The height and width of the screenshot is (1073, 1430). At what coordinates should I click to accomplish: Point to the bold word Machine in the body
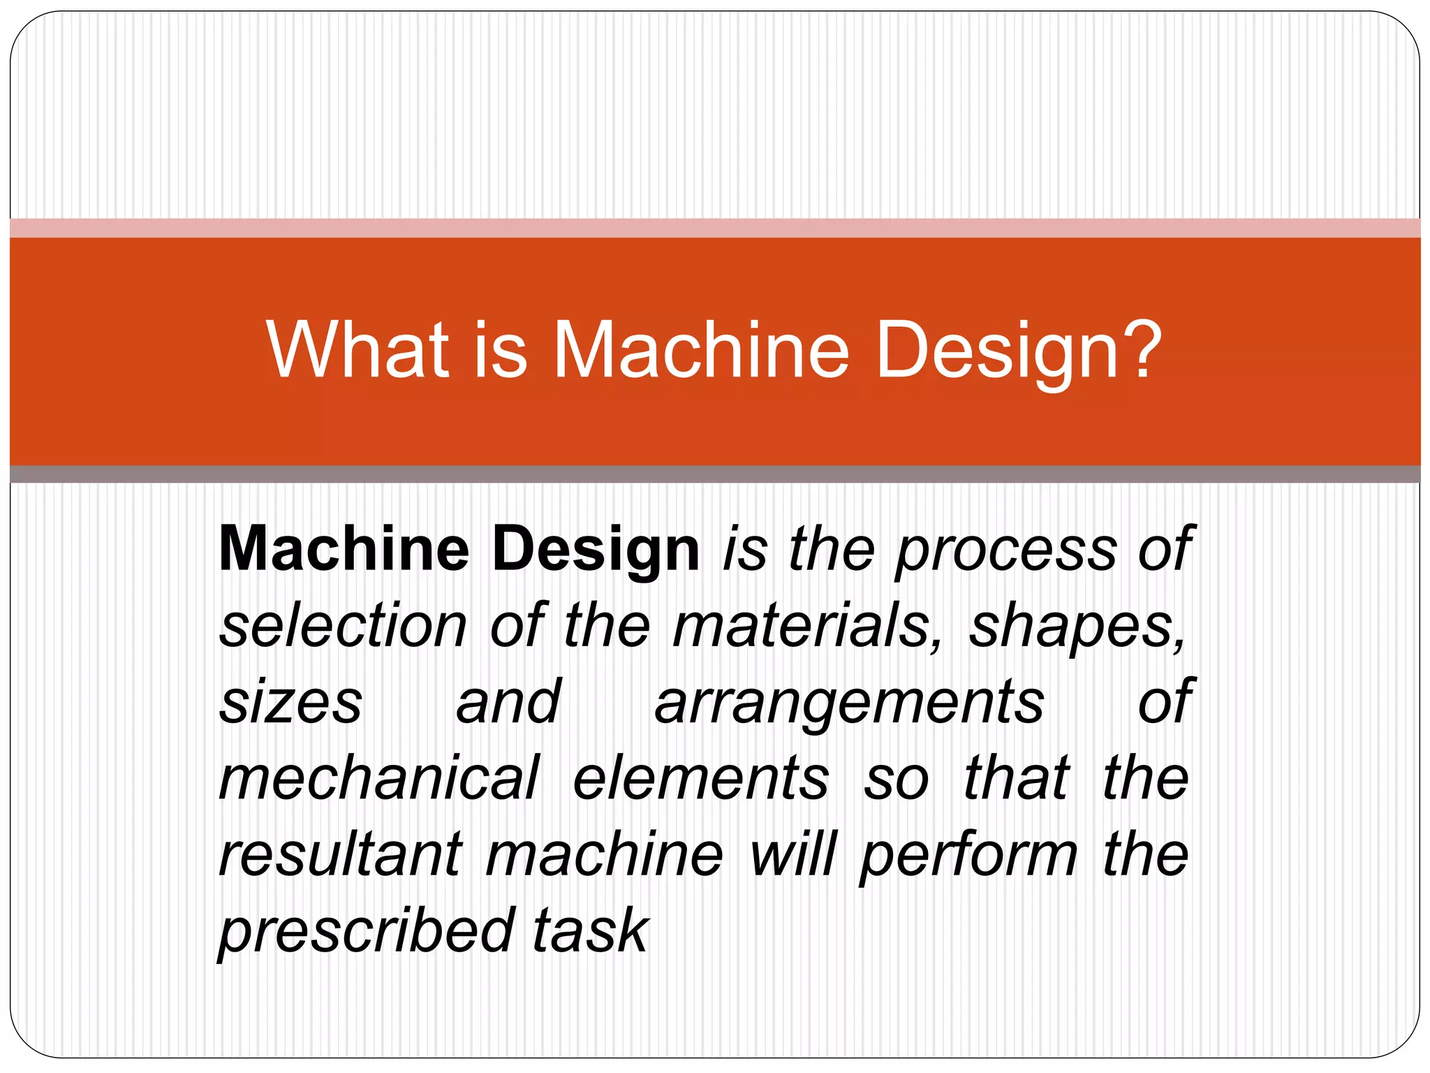pos(344,549)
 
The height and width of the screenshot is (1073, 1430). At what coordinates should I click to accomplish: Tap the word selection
pos(343,626)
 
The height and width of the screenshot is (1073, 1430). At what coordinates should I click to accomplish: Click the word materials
pos(807,626)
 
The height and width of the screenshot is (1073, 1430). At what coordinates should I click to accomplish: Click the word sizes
pos(291,702)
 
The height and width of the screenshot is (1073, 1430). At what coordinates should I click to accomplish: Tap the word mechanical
pos(379,778)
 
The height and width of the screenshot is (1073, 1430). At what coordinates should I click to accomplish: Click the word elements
pos(701,778)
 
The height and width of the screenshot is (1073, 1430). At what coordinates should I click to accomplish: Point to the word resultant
pos(341,855)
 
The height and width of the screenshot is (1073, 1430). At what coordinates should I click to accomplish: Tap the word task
pos(591,931)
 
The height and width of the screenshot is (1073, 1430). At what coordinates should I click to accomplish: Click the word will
pos(793,855)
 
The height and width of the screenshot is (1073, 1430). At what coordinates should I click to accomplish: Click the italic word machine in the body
pos(604,855)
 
